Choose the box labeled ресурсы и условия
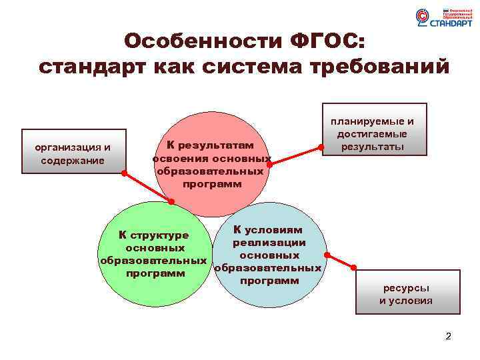tap(406, 294)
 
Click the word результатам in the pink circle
tap(219, 145)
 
